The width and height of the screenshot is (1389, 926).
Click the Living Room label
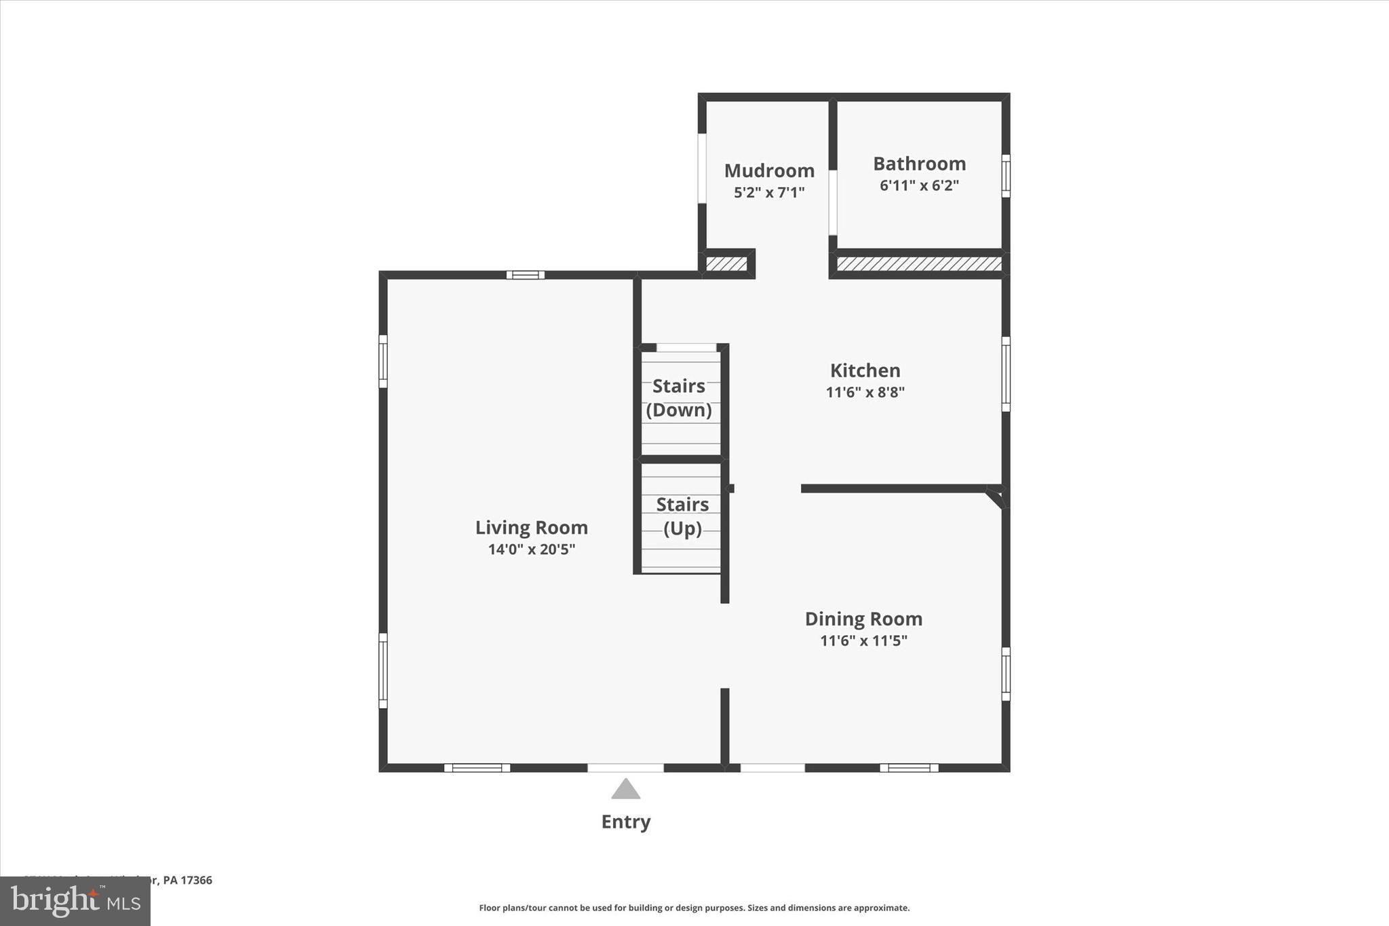pos(531,528)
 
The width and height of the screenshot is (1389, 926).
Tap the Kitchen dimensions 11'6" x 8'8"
pos(865,392)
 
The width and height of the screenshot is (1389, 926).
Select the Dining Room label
pos(863,619)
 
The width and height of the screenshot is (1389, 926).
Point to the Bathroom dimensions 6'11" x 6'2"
pos(919,185)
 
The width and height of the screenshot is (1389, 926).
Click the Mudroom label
pos(769,170)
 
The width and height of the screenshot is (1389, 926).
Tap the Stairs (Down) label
pos(679,398)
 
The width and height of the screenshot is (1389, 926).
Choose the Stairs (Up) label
pos(682,516)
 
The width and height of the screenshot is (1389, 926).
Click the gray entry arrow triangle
pos(625,789)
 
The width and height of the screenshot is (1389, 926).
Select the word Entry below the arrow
pos(625,822)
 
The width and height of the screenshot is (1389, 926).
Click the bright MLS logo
pos(75,901)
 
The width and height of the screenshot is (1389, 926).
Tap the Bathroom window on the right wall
pos(1006,176)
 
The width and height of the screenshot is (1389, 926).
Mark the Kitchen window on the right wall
pos(1006,374)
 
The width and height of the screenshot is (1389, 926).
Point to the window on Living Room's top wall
pos(525,275)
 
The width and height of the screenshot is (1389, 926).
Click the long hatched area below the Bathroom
pos(919,263)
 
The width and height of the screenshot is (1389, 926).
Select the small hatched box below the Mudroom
pos(726,263)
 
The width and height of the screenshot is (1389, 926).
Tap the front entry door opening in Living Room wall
pos(625,768)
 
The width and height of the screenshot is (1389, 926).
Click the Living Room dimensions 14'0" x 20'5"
pos(531,549)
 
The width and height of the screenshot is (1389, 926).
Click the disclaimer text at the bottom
pos(694,908)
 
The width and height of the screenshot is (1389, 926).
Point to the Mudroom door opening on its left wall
pos(702,168)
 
